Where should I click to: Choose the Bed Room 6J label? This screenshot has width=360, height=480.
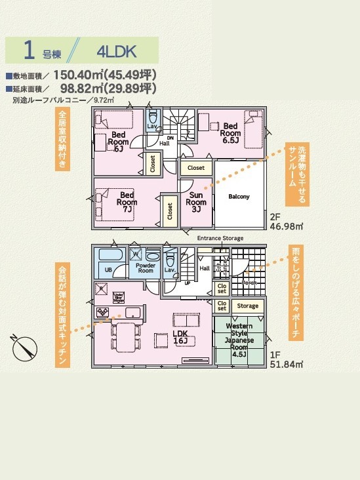point(118,141)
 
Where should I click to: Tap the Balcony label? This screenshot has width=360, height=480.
point(239,197)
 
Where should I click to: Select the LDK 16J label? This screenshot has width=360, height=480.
point(180,336)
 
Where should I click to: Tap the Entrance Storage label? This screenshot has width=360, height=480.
point(220,238)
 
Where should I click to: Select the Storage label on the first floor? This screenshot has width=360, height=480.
point(247,306)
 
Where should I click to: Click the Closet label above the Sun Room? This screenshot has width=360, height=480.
point(196,168)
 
